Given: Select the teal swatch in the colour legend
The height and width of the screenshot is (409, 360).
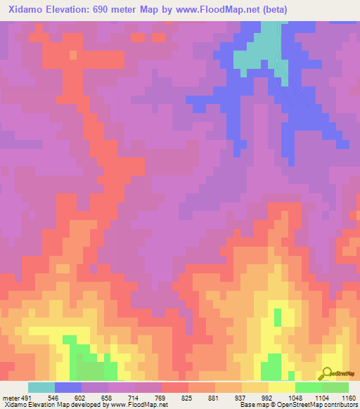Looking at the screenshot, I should (41, 387).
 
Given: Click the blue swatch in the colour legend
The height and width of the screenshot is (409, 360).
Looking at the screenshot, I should (67, 387).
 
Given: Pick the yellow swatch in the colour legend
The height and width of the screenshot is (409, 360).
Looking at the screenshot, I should (281, 387).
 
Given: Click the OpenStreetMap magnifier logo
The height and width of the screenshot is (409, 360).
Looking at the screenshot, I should (327, 373).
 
